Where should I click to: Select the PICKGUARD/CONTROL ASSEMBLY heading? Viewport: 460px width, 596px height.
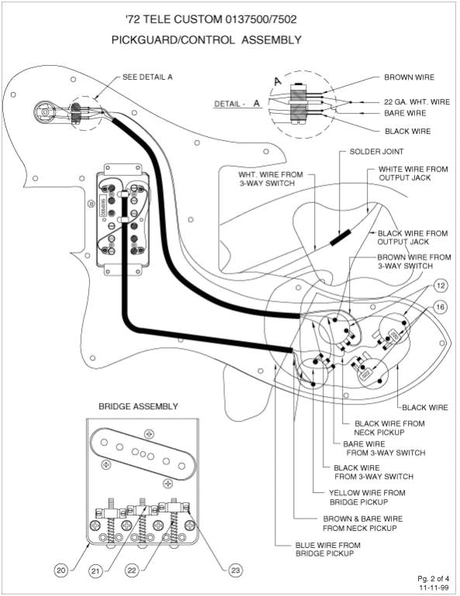[206, 39]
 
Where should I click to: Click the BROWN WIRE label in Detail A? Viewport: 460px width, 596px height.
[409, 78]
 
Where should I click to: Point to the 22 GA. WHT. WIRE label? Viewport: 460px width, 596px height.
[416, 102]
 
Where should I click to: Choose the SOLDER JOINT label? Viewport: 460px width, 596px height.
[376, 151]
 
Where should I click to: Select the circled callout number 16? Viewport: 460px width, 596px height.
[440, 307]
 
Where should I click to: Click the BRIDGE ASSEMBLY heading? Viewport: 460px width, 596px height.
[138, 406]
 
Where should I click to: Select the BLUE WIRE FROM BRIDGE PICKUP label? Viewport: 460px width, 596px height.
[328, 549]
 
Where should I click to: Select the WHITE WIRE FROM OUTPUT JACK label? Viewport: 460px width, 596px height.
[413, 174]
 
